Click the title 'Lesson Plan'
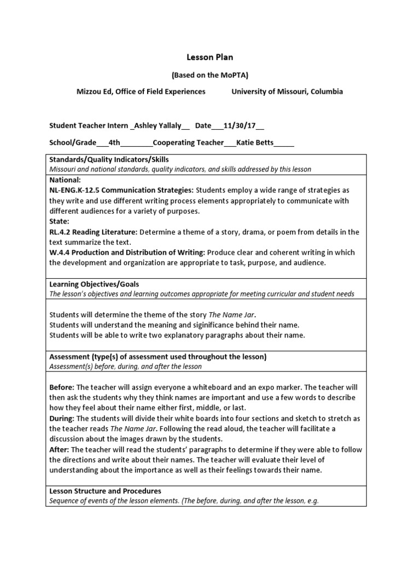(x=210, y=57)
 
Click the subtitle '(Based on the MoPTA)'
(x=210, y=76)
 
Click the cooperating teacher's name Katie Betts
(x=256, y=143)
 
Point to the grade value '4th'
(x=114, y=143)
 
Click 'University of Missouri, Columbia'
(x=287, y=91)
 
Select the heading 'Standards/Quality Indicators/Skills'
(x=109, y=159)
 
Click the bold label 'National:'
(x=65, y=180)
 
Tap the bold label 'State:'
(x=60, y=221)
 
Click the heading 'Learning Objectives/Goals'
(x=94, y=284)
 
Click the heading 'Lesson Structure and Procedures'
(x=105, y=491)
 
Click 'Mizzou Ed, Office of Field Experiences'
(x=141, y=91)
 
